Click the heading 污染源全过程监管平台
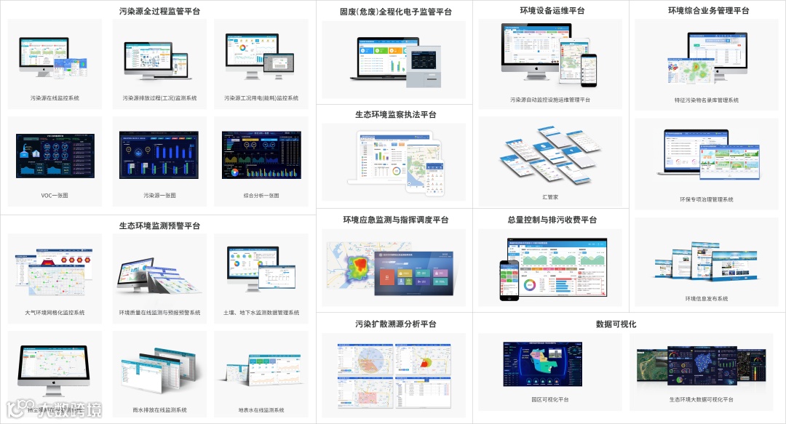tap(159, 12)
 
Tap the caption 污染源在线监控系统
tap(55, 97)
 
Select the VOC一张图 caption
tap(55, 196)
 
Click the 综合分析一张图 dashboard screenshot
tap(261, 155)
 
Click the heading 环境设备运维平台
tap(552, 11)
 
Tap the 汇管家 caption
tap(551, 196)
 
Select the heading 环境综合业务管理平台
tap(708, 11)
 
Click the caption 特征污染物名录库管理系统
tap(707, 100)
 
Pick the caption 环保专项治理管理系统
tap(707, 199)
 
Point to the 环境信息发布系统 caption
tap(707, 299)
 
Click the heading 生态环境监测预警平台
tap(159, 226)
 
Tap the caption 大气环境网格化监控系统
tap(55, 313)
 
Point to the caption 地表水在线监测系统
tap(261, 410)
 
